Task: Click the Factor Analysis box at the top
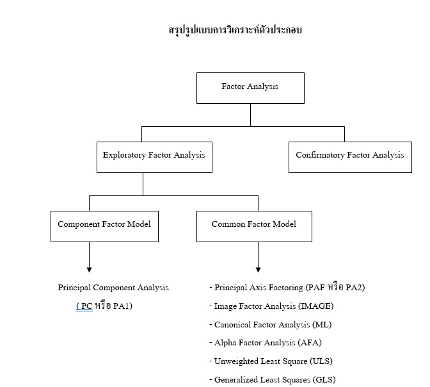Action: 250,88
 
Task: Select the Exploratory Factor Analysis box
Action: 154,158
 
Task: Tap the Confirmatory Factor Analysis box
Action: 350,158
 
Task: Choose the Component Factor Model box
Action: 104,227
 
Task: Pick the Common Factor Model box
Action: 254,227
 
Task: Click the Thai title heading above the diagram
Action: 235,30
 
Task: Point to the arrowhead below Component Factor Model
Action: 89,270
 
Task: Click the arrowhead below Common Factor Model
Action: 258,270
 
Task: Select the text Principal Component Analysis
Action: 113,288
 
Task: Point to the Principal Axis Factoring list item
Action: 287,287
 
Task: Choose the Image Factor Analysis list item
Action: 271,306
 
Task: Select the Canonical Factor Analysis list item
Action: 271,325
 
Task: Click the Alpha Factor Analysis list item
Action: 265,343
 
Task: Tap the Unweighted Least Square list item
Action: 271,361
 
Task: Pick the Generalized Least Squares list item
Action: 273,379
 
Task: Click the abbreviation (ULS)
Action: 321,361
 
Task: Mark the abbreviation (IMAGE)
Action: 316,306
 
